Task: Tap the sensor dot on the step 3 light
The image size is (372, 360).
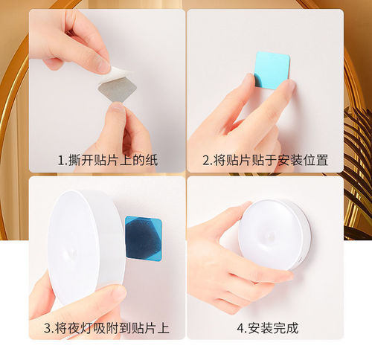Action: pos(71,253)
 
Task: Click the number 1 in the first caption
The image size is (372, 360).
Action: pos(61,160)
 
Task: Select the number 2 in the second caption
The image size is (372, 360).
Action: pos(206,160)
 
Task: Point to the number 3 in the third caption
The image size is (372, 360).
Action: pos(47,327)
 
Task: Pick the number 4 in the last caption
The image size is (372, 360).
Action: pos(240,327)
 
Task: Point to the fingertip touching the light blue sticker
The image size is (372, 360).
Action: pos(286,88)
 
